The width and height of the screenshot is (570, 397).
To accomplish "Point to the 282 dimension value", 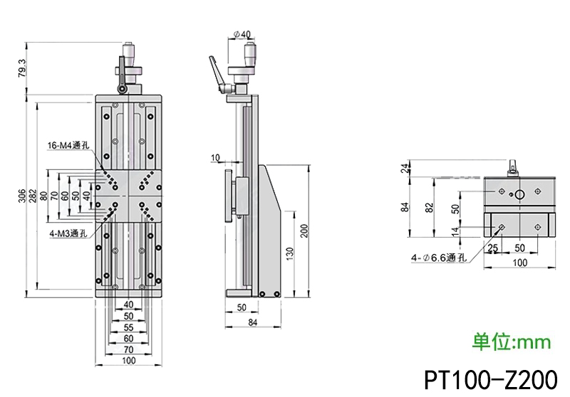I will coord(33,194).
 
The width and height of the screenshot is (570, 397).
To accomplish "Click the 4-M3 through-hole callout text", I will coord(69,233).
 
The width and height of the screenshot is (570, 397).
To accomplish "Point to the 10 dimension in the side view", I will coord(215,157).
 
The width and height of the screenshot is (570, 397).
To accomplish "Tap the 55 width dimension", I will coord(128,327).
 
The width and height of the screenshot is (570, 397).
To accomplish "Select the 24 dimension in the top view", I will coord(405,168).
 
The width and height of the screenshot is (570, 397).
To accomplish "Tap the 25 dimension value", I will coord(492,248).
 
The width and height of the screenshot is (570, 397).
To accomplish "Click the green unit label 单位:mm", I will coord(512,342).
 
